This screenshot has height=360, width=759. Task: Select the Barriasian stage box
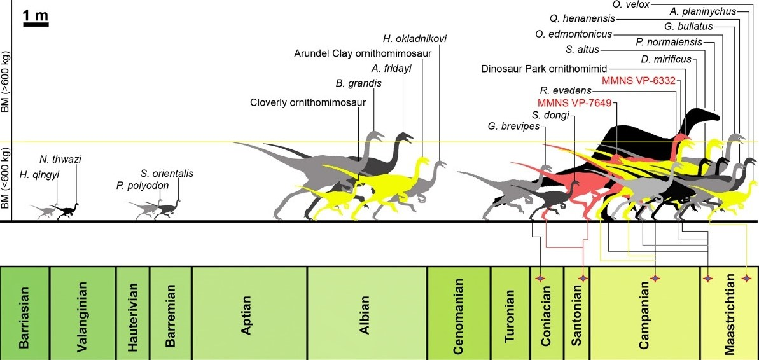tap(25, 312)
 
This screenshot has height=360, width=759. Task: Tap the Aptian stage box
tap(249, 312)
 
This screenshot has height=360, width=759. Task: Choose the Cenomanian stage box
tap(459, 312)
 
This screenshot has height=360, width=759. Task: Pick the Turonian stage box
tap(510, 312)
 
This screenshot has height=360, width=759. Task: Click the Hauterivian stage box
tap(132, 312)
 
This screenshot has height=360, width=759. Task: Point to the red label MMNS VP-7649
tap(567, 103)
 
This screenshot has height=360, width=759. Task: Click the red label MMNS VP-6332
tap(638, 80)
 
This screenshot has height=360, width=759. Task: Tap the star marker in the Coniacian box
tap(540, 279)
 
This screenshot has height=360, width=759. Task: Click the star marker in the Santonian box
tap(583, 279)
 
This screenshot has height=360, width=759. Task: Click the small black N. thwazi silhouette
tap(67, 212)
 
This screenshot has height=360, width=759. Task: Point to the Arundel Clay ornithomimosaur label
tap(363, 53)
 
